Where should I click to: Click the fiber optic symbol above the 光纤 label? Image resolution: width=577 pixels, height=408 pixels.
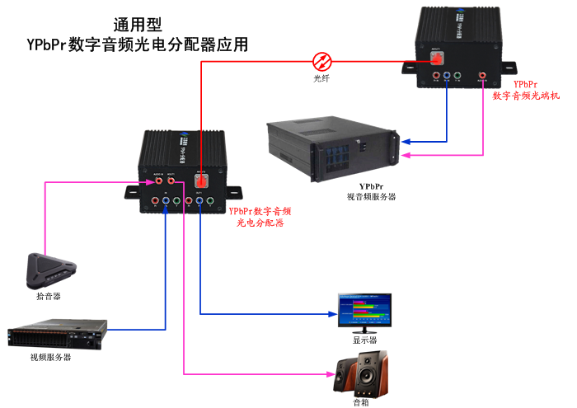(322, 60)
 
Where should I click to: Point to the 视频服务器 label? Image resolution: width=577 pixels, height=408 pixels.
(50, 357)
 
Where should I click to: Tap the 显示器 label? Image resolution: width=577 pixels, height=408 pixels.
(364, 339)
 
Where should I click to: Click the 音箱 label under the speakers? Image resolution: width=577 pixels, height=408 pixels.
(361, 403)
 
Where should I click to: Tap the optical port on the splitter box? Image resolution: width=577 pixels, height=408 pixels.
(199, 181)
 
